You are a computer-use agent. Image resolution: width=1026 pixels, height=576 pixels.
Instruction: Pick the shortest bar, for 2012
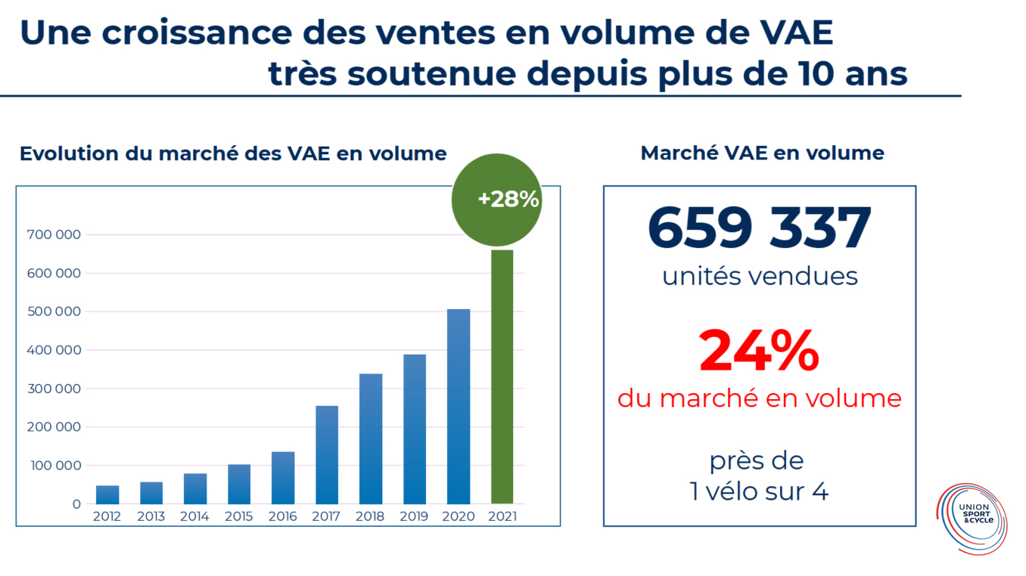pyautogui.click(x=107, y=495)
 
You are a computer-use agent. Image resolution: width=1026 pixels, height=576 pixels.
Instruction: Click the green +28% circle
pyautogui.click(x=497, y=200)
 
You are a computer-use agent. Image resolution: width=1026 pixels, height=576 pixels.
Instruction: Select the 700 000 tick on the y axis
pyautogui.click(x=54, y=235)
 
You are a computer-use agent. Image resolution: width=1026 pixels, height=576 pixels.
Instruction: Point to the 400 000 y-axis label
pyautogui.click(x=54, y=350)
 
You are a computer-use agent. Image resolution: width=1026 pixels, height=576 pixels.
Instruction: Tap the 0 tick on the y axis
pyautogui.click(x=76, y=504)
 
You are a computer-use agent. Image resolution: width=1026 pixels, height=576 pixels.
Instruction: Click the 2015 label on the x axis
pyautogui.click(x=239, y=517)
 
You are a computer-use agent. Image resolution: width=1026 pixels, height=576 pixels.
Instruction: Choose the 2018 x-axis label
pyautogui.click(x=371, y=517)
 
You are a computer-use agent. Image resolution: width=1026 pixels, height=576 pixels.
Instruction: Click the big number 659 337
pyautogui.click(x=760, y=228)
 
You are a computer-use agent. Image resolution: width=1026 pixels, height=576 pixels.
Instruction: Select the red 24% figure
pyautogui.click(x=759, y=351)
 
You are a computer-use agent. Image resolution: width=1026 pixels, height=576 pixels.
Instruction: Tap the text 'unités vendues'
pyautogui.click(x=760, y=276)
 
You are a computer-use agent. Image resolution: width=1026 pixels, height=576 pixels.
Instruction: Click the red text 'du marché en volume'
pyautogui.click(x=760, y=398)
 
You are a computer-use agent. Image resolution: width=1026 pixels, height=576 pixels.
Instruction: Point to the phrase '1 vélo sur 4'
pyautogui.click(x=759, y=492)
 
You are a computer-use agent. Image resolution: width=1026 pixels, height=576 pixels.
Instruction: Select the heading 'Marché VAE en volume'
pyautogui.click(x=762, y=153)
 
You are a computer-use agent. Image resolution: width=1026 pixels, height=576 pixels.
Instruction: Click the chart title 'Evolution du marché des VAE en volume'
pyautogui.click(x=233, y=153)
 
